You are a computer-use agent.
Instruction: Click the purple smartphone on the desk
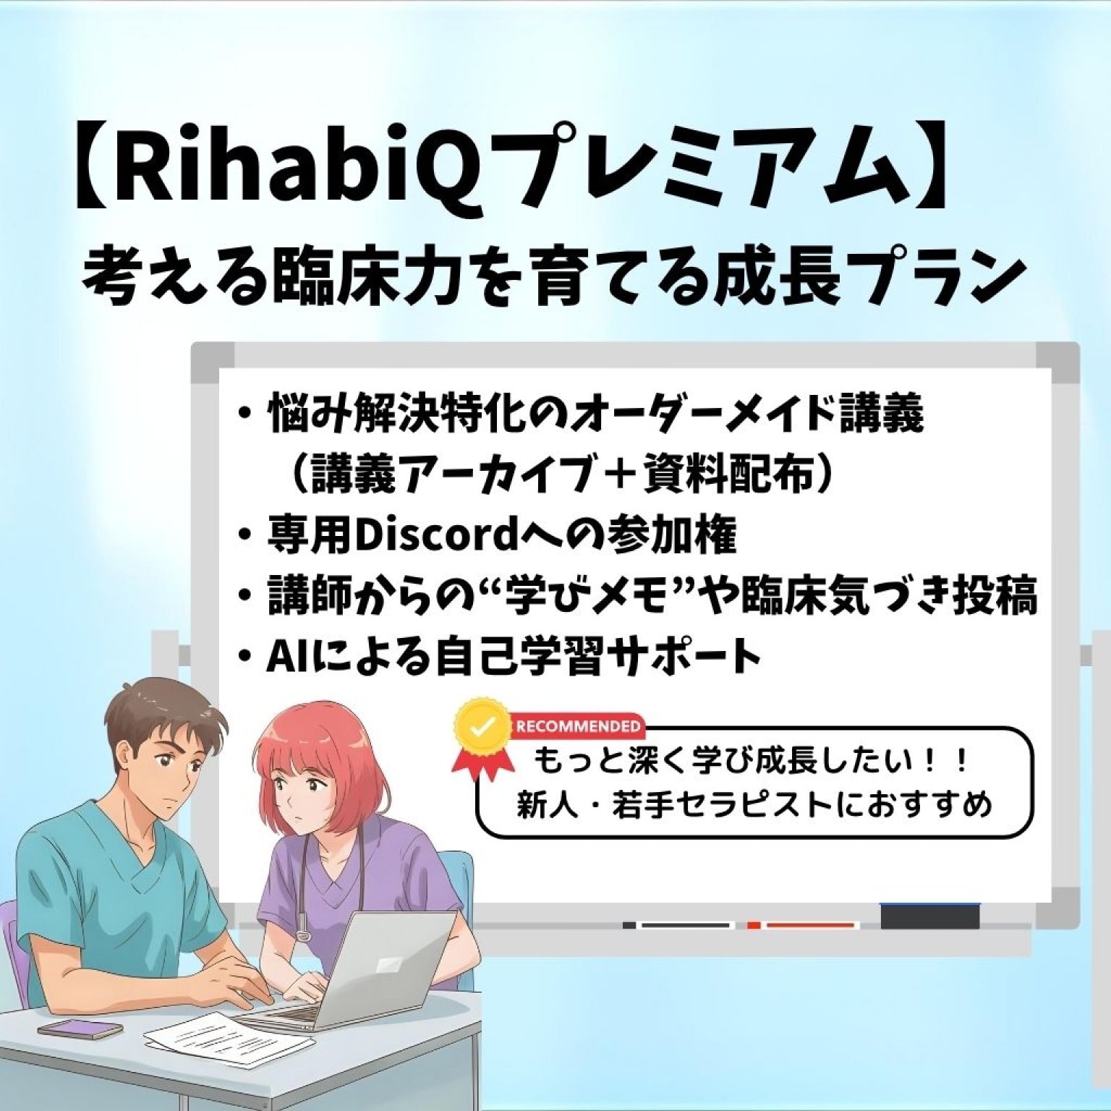[x=70, y=1028]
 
